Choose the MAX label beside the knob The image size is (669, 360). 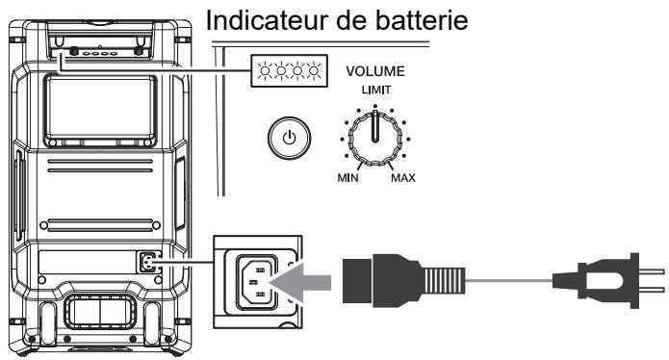pos(403,179)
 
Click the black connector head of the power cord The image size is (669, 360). pos(370,280)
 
